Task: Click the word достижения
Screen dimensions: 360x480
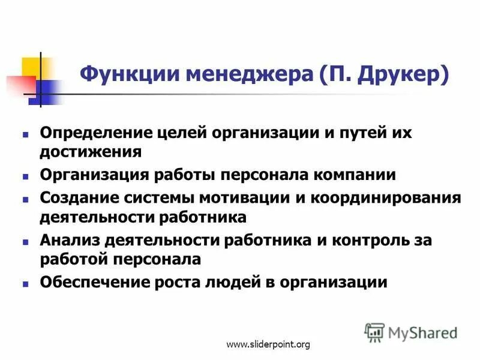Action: click(x=91, y=151)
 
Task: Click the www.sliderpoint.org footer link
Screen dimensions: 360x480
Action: click(x=268, y=344)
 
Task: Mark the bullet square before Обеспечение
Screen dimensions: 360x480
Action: click(x=26, y=283)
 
